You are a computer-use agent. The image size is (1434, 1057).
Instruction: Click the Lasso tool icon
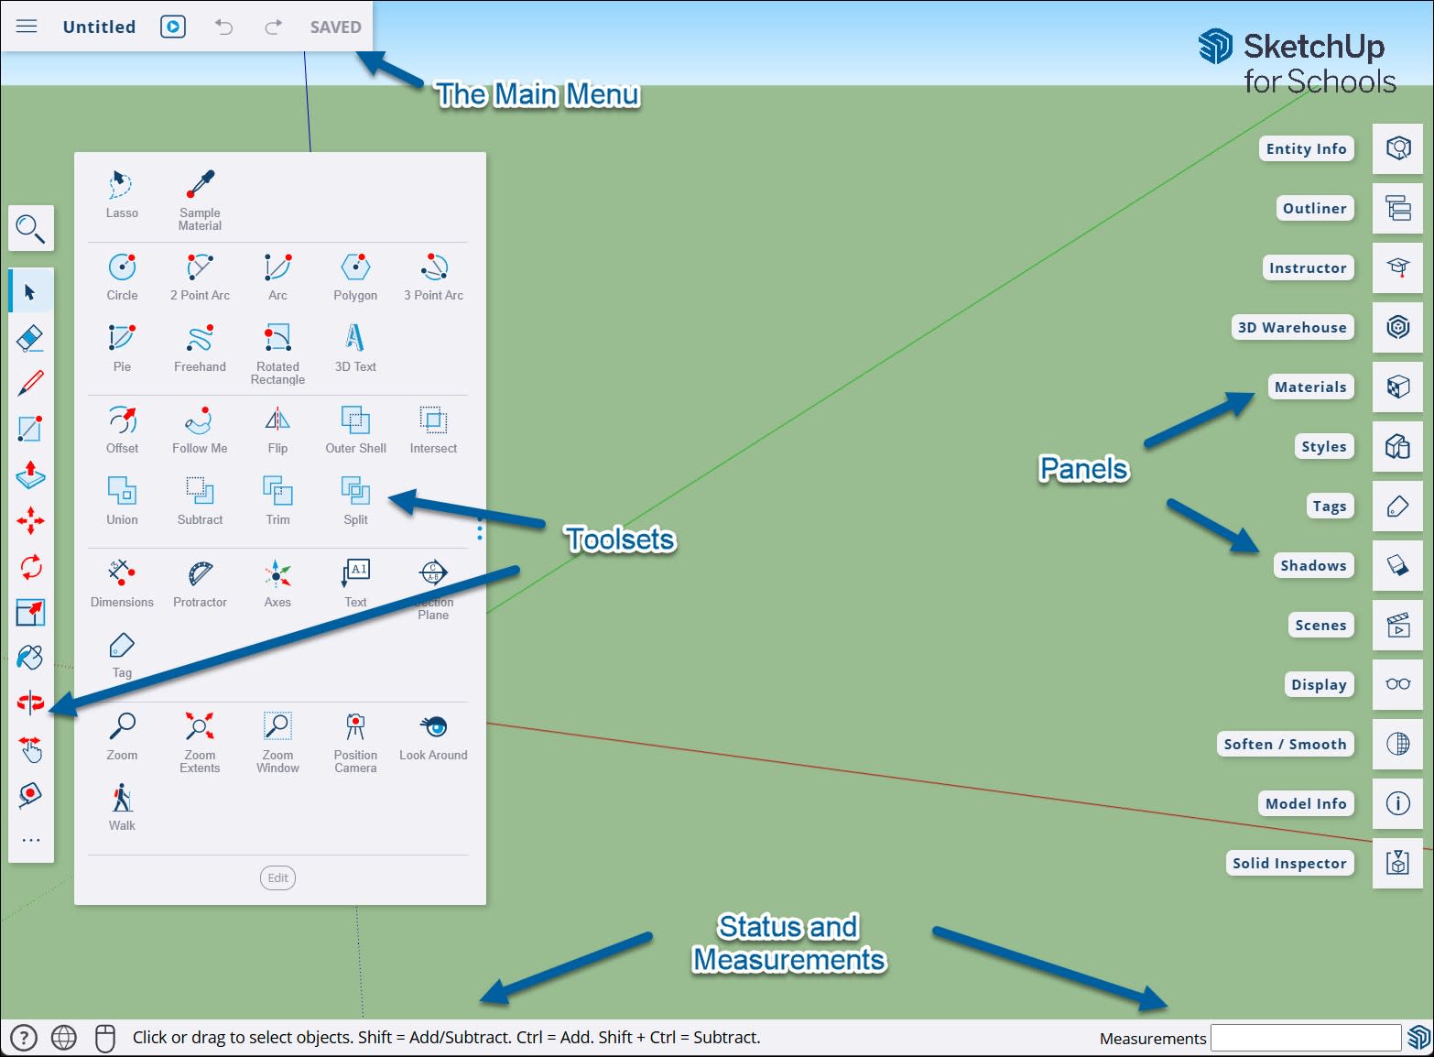pyautogui.click(x=121, y=184)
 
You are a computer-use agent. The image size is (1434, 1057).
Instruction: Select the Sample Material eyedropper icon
pyautogui.click(x=200, y=184)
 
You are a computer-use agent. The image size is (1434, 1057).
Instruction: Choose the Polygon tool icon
pyautogui.click(x=355, y=267)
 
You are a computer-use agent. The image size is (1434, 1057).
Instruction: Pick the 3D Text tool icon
pyautogui.click(x=355, y=338)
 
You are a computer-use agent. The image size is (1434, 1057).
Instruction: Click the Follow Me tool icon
pyautogui.click(x=200, y=420)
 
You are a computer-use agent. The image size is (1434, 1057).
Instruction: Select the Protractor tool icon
pyautogui.click(x=200, y=573)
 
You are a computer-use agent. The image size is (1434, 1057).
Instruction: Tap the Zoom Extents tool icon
pyautogui.click(x=200, y=726)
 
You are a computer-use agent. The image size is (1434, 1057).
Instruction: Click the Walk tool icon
pyautogui.click(x=122, y=798)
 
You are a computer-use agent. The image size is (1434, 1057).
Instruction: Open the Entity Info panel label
pyautogui.click(x=1306, y=149)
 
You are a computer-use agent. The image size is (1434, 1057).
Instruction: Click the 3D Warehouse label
pyautogui.click(x=1292, y=328)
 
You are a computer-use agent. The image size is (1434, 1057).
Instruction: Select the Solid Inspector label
pyautogui.click(x=1289, y=864)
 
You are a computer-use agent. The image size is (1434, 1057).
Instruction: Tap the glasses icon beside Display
pyautogui.click(x=1397, y=684)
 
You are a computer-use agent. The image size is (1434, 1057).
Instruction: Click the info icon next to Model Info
pyautogui.click(x=1397, y=803)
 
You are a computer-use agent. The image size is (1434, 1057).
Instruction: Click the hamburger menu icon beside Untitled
pyautogui.click(x=27, y=27)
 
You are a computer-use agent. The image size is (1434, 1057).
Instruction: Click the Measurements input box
pyautogui.click(x=1305, y=1038)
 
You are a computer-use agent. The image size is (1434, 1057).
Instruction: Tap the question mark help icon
pyautogui.click(x=23, y=1038)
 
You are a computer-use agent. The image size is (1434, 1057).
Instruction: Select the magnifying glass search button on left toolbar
pyautogui.click(x=31, y=229)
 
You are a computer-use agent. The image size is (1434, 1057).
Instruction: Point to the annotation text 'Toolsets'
pyautogui.click(x=620, y=539)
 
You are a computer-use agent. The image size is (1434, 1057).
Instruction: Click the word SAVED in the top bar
pyautogui.click(x=335, y=27)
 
